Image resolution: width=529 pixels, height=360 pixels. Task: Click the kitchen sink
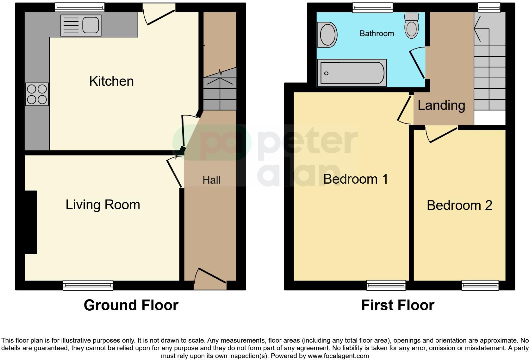pos(81,25)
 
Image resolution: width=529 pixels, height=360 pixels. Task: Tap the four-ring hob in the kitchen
pos(37,94)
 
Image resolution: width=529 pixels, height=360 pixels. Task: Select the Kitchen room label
pos(111,81)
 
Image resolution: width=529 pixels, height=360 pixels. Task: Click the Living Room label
pos(103,205)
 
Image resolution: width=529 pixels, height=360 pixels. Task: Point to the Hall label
pos(211,180)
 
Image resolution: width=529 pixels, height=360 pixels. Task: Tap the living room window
pos(88,285)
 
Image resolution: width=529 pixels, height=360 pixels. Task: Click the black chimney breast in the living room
pos(31,222)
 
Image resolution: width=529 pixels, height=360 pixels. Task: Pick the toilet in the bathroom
pos(411,26)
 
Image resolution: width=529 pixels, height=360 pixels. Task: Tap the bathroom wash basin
pos(327,35)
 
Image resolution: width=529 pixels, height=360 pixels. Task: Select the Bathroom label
pos(377,34)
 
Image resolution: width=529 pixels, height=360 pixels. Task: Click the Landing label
pos(441,105)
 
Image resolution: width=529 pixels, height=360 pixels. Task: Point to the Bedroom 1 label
pos(355,179)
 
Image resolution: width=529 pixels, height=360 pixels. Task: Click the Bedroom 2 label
pos(459,205)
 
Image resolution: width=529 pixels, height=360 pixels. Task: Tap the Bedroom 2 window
pos(480,285)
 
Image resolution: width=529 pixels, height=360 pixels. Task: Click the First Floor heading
pos(398,305)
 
